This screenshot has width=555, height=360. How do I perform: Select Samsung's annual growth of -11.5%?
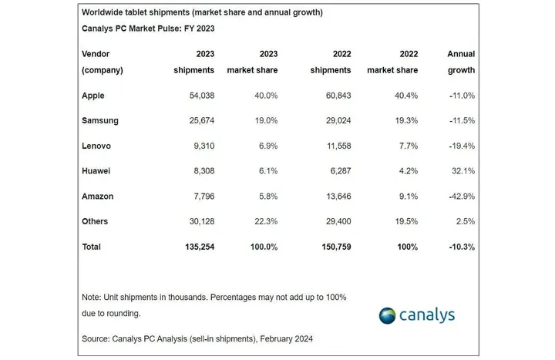coord(460,121)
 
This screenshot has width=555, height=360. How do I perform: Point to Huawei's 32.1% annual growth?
coord(462,171)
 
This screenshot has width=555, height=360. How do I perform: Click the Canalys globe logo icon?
coord(387,315)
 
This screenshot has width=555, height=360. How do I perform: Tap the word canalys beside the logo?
coord(427,315)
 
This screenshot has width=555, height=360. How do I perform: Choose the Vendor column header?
coord(96,54)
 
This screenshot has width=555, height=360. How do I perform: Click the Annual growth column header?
coord(461,62)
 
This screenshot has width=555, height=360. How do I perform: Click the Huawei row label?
coord(96,171)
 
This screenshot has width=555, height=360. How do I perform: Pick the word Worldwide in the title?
coord(106,13)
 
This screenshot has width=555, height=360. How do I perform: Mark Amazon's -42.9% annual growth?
coord(460,197)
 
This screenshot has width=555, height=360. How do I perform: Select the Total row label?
coord(92,247)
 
